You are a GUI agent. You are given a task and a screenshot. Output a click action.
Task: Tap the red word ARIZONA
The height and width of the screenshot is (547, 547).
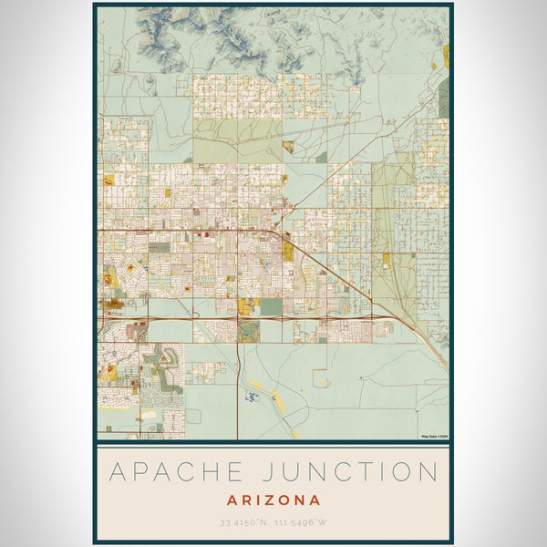tap(274, 500)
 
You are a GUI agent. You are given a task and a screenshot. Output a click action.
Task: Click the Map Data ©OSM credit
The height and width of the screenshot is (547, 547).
tap(434, 437)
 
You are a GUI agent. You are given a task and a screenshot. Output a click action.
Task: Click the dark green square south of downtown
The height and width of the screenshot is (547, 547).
tap(271, 307)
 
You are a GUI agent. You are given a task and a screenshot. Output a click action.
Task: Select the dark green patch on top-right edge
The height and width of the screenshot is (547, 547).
tap(443, 97)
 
